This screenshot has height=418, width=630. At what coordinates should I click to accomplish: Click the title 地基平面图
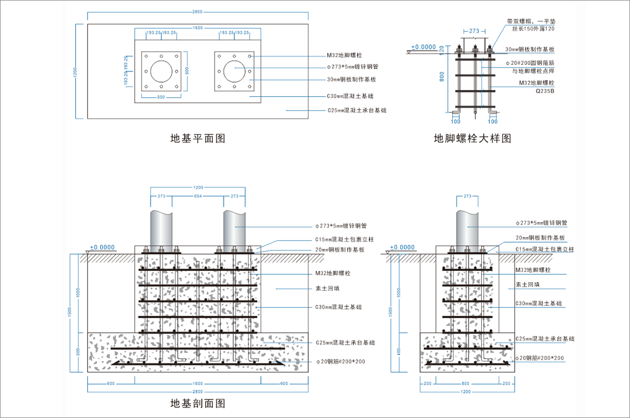pos(197,138)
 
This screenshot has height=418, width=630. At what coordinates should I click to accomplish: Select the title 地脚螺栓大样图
pos(472,138)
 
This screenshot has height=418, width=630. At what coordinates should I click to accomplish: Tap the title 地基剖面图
pos(197,404)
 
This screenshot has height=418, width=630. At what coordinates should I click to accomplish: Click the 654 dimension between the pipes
pos(197,196)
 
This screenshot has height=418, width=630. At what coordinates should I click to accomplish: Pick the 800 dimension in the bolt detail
pos(442,77)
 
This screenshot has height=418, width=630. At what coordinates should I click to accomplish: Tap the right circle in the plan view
pos(235,71)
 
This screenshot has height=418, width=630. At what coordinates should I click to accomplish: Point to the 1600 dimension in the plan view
pos(197,28)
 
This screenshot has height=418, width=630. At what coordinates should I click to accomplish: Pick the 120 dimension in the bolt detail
pos(442,49)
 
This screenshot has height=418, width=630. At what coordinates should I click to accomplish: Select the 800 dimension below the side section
pos(465,383)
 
